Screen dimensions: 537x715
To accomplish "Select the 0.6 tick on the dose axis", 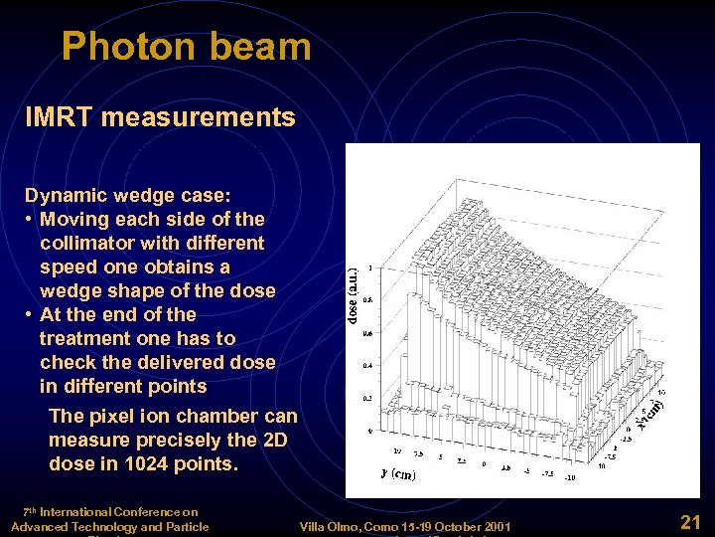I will (368, 333).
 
